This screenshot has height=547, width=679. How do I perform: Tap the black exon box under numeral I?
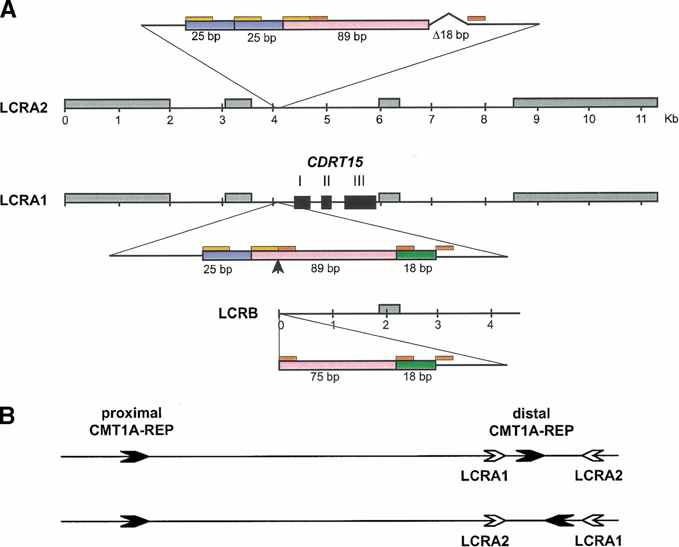302,202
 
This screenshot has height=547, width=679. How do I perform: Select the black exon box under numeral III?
360,202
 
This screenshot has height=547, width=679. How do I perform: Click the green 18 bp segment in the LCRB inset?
415,365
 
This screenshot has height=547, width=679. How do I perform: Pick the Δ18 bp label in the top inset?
450,36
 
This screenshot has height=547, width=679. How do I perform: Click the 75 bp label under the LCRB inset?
325,377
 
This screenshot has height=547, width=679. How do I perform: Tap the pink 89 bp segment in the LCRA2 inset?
355,25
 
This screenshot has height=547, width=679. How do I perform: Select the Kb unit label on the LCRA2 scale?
671,119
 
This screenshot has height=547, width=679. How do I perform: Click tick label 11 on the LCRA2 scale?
641,119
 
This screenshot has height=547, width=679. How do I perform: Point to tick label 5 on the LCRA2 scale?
327,120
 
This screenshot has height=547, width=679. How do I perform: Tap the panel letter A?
8,10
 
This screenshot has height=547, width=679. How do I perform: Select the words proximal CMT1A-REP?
131,421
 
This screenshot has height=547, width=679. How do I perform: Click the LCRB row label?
238,313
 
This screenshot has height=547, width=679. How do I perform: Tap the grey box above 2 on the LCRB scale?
389,308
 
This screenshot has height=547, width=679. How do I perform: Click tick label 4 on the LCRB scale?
490,324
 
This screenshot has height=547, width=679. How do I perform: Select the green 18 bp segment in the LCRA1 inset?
416,255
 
